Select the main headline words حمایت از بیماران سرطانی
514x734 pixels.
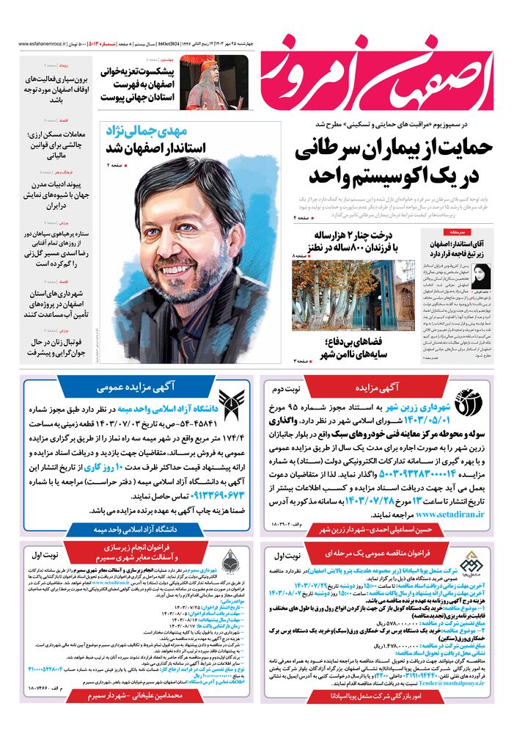point(394,150)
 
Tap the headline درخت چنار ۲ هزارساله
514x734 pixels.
point(364,236)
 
